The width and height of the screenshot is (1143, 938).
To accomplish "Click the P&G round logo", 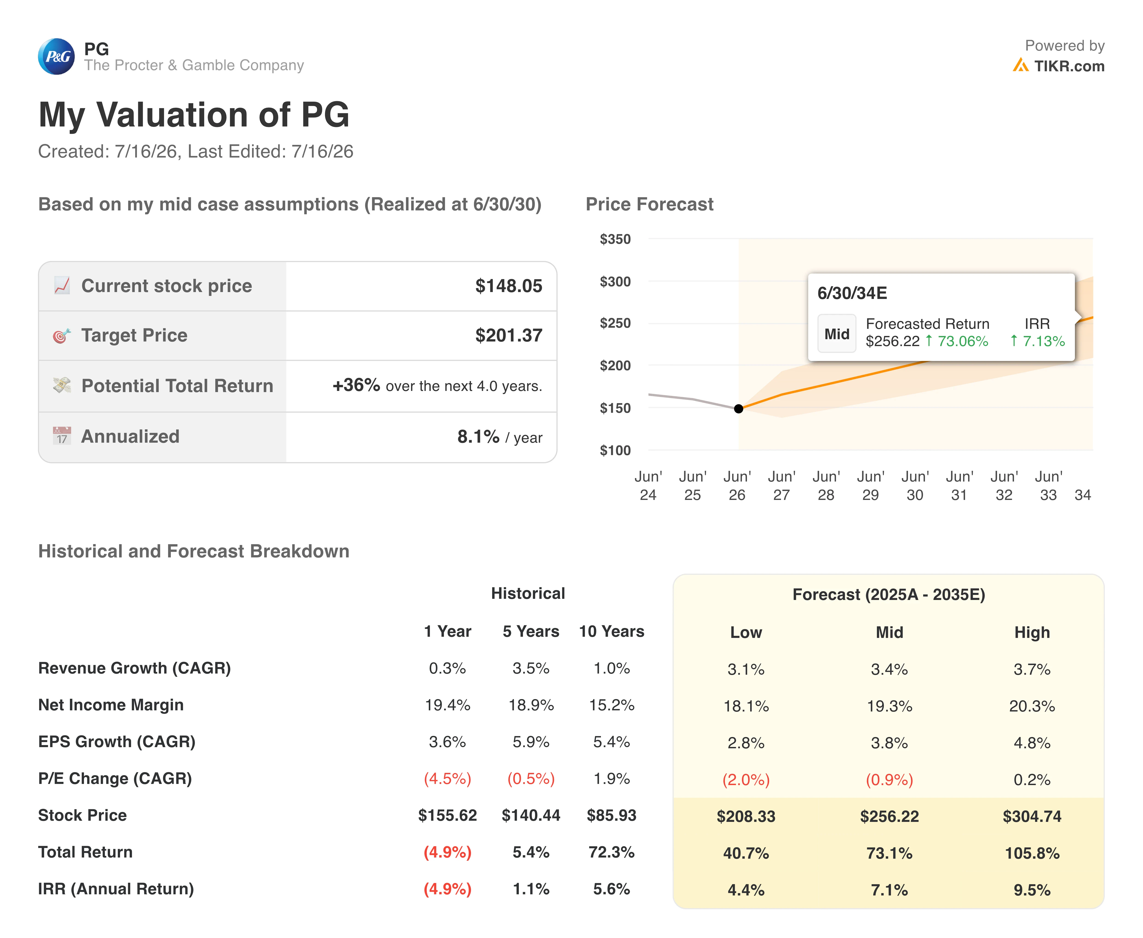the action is [x=56, y=56].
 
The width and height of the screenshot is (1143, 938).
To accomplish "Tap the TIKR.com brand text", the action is [x=1069, y=66].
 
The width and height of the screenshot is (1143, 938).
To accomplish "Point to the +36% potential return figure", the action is [x=356, y=385].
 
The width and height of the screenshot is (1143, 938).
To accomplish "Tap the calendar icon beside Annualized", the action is [x=62, y=436].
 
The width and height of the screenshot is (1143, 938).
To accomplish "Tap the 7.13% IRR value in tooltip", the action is [x=1038, y=341].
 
